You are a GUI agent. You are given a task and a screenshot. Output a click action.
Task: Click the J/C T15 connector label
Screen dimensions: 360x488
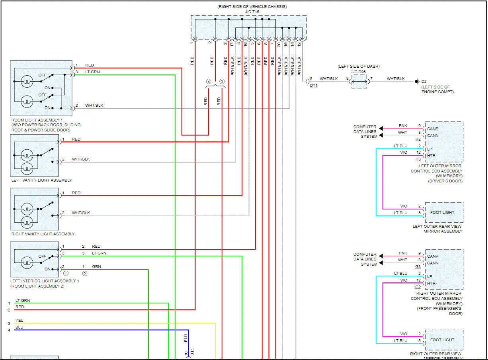252,12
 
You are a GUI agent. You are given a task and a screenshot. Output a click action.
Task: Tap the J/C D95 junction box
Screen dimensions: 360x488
359,82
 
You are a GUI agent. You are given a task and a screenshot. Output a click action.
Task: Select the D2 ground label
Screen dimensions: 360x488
424,82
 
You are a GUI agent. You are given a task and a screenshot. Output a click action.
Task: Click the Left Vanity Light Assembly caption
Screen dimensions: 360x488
42,180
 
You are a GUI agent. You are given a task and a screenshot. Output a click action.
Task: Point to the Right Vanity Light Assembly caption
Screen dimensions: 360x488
43,234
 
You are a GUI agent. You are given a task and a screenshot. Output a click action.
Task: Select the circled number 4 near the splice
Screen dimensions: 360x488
208,82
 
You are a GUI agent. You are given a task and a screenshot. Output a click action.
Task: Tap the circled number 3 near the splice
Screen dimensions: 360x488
222,82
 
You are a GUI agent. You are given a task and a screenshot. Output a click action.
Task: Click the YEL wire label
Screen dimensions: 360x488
19,320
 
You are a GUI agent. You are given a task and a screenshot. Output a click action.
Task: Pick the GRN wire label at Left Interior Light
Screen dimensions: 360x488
96,266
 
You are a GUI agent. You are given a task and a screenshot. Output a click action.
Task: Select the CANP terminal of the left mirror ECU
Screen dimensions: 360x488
433,129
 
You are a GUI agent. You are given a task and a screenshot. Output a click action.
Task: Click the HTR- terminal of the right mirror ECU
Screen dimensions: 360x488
433,283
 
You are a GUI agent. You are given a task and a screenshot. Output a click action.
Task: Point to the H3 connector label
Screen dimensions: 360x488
418,159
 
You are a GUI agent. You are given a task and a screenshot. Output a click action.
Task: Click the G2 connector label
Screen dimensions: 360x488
418,287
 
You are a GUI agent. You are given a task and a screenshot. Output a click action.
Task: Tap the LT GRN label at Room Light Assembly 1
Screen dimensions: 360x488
92,72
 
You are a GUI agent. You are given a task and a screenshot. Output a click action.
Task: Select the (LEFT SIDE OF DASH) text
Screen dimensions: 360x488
359,66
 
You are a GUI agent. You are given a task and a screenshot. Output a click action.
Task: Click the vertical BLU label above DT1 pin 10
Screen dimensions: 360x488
186,338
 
